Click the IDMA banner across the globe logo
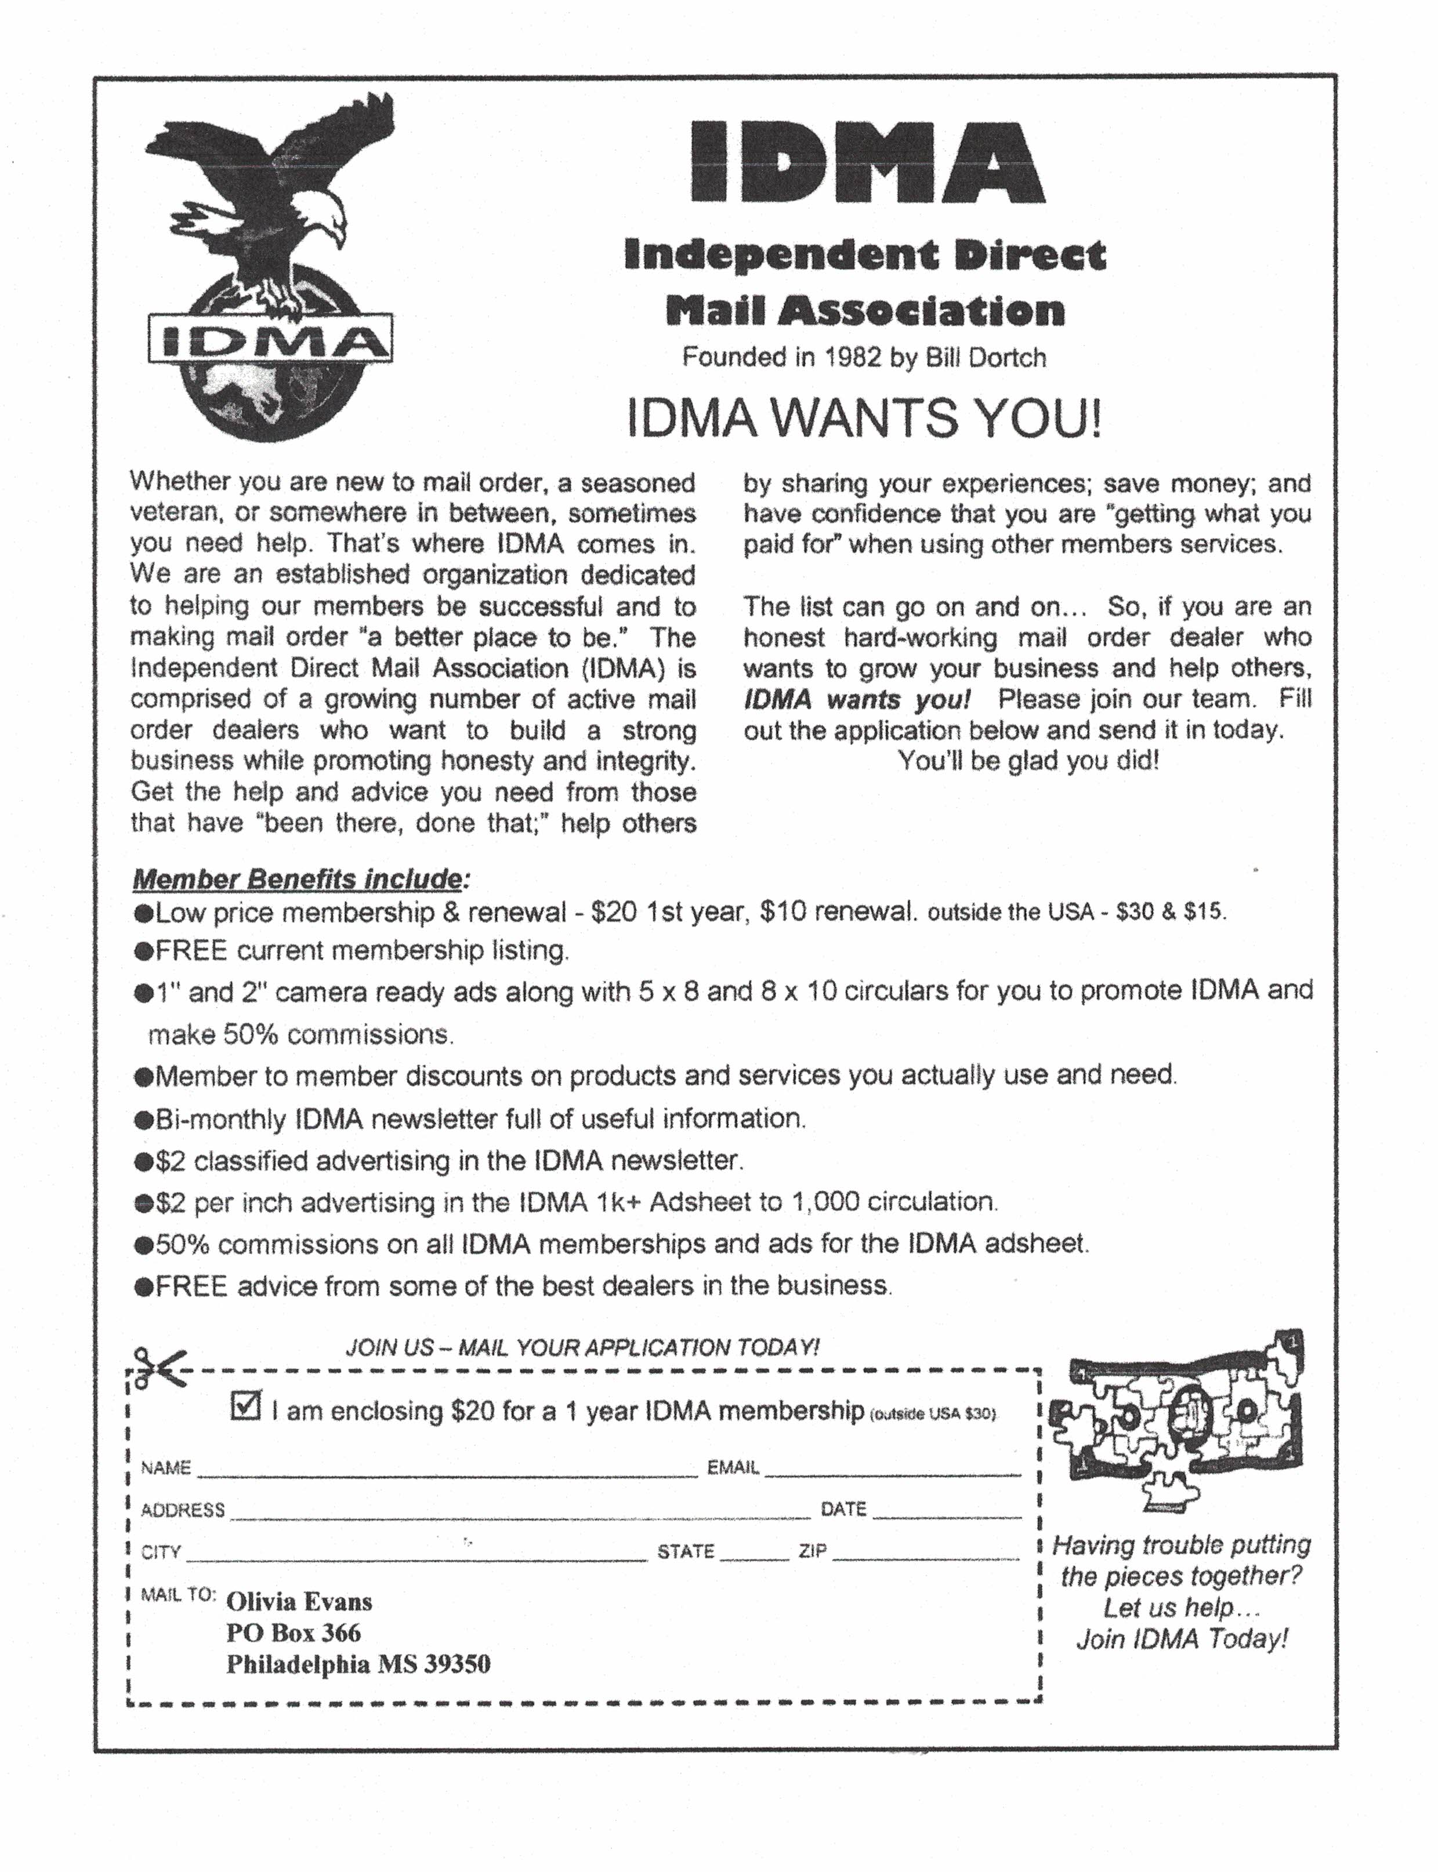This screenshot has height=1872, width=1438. coord(270,340)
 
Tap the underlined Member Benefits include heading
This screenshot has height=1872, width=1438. coord(299,879)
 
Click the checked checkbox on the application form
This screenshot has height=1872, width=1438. coord(245,1406)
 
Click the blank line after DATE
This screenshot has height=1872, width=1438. coord(947,1514)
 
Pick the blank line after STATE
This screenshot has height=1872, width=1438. coord(754,1556)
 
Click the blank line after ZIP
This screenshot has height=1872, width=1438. coord(925,1556)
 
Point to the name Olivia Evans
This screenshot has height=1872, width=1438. coord(299,1602)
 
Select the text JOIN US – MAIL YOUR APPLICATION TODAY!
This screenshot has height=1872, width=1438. coord(582,1347)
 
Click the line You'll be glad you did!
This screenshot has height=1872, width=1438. coord(1028,761)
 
